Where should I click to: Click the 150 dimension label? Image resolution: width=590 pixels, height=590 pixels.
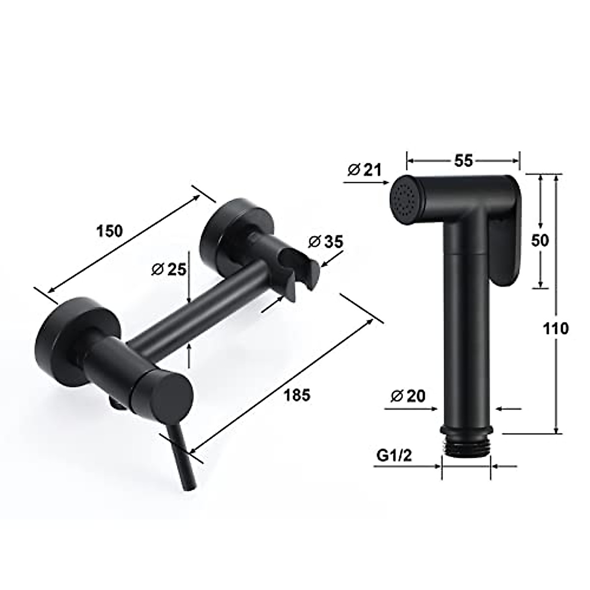[x=109, y=230]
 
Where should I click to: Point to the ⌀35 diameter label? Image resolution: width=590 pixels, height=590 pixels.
[x=325, y=242]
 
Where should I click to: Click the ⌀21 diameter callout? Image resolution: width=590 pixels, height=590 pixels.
[x=364, y=170]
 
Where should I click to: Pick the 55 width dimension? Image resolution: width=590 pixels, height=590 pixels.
[x=463, y=161]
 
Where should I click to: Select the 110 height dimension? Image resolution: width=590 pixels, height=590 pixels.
[x=556, y=328]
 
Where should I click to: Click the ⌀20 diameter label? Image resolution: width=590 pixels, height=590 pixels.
[x=408, y=396]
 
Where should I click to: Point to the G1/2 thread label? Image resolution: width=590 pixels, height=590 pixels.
[x=394, y=455]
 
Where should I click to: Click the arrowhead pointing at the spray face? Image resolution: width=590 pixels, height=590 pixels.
[x=384, y=182]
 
